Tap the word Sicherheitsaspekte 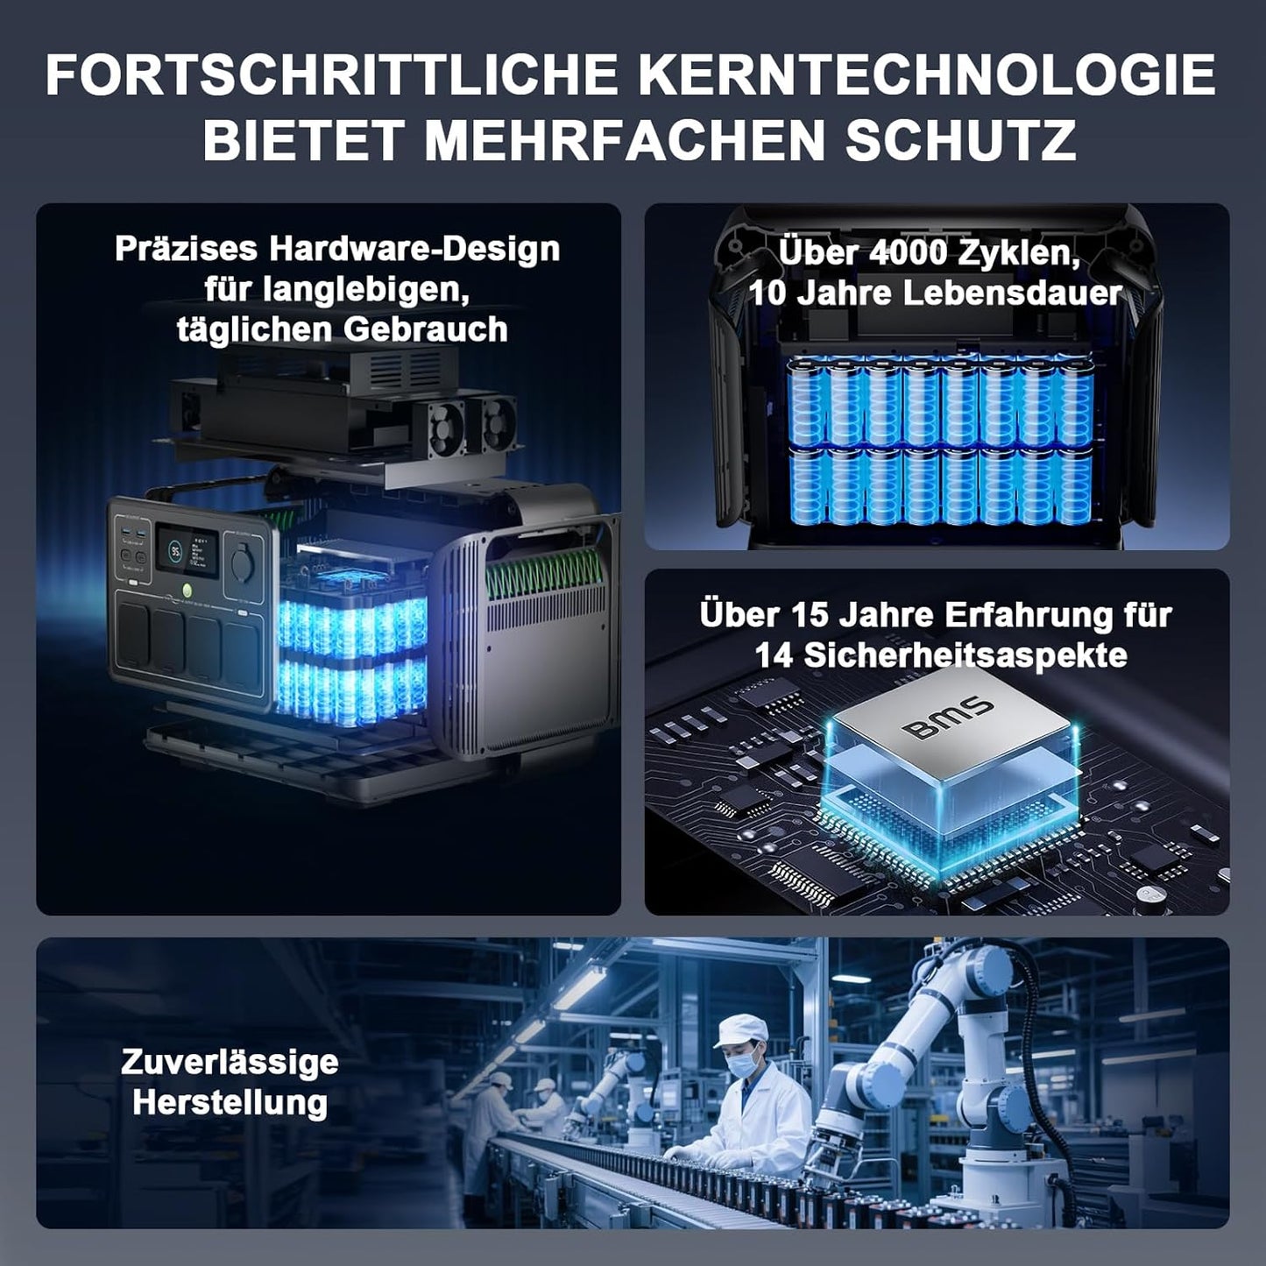pyautogui.click(x=965, y=655)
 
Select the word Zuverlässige pyautogui.click(x=230, y=1064)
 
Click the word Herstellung pyautogui.click(x=230, y=1103)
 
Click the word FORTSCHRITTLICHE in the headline pyautogui.click(x=332, y=75)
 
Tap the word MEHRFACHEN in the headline pyautogui.click(x=625, y=139)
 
